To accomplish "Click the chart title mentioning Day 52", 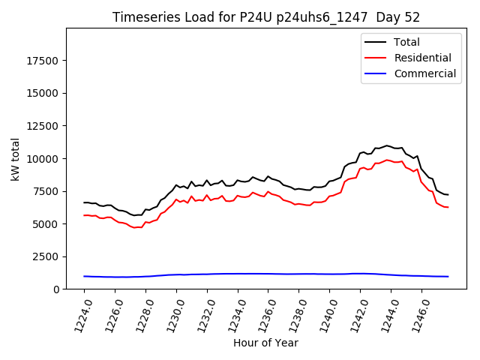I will (x=266, y=17).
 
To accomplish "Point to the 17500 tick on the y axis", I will (x=44, y=61).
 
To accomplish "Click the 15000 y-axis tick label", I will (x=44, y=94).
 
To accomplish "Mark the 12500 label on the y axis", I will (x=44, y=126).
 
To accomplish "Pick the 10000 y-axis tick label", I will (x=44, y=159).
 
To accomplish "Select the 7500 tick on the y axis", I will (x=47, y=191).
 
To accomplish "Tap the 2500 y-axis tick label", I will (x=47, y=256).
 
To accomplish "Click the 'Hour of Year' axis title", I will (x=265, y=343).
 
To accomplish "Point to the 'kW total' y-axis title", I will (x=15, y=159).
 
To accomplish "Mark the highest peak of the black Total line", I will (x=387, y=145).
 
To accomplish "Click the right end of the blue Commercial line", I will (x=448, y=277).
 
